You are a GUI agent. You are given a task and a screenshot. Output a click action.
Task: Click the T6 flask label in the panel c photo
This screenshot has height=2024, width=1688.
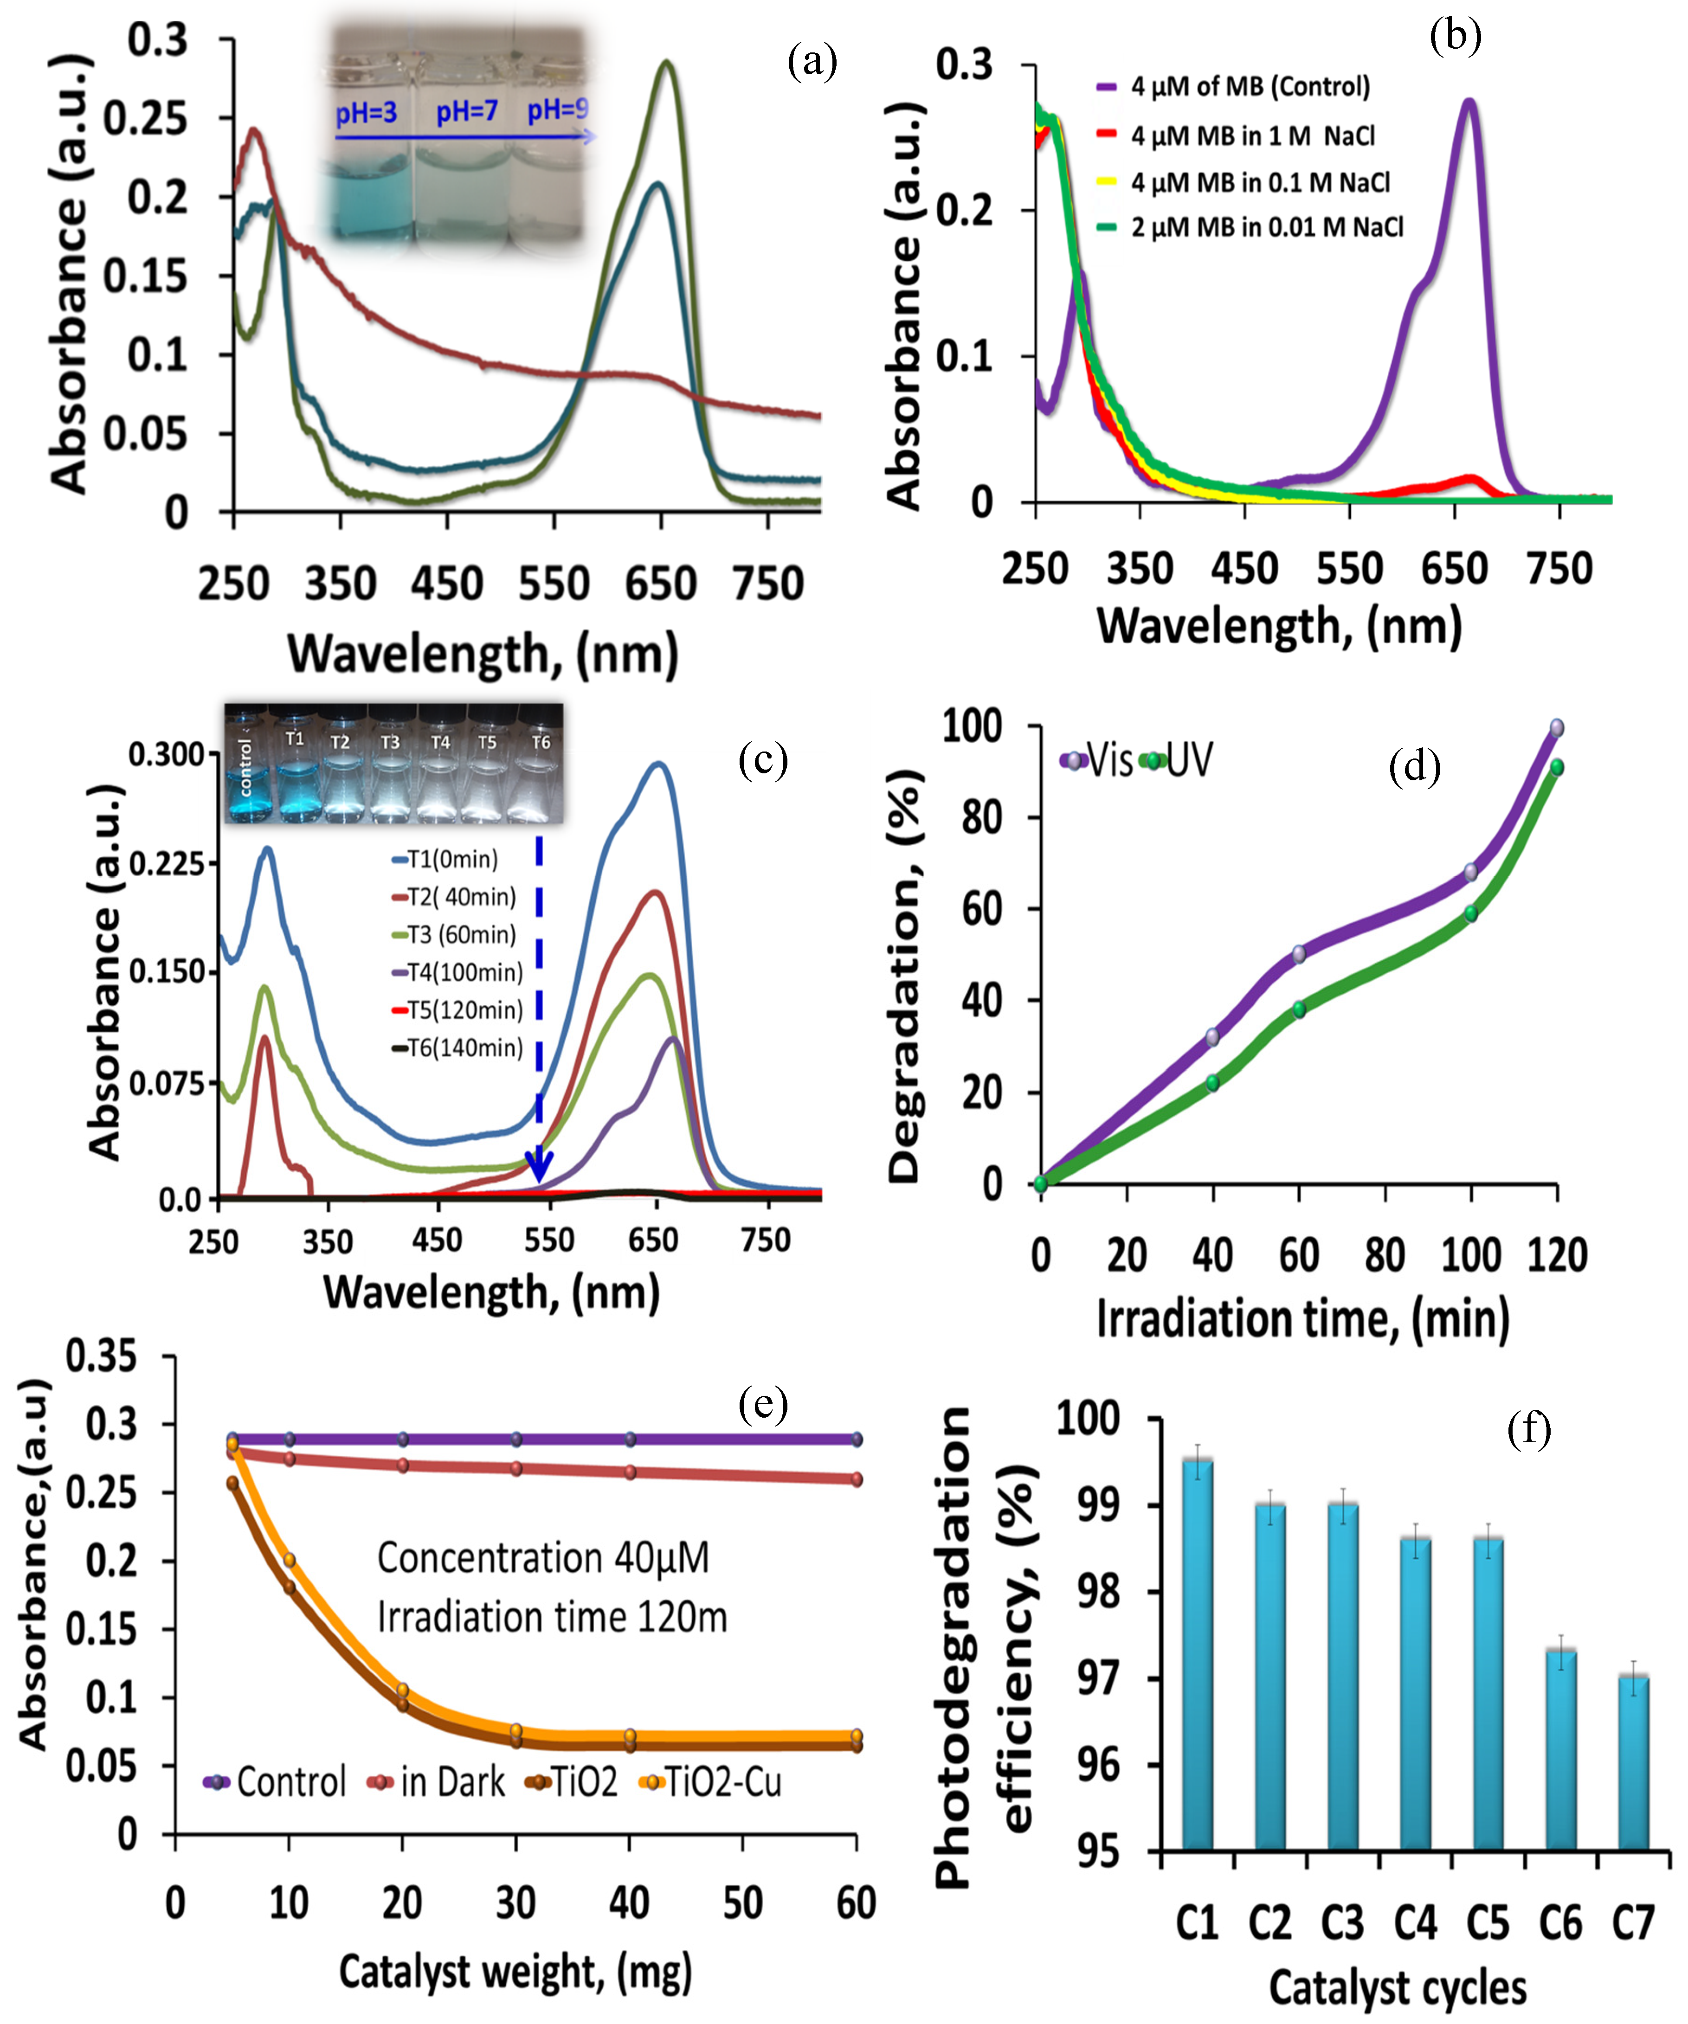(x=541, y=742)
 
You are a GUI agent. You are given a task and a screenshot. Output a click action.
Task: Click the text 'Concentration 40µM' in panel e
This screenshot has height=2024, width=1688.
(x=543, y=1559)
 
